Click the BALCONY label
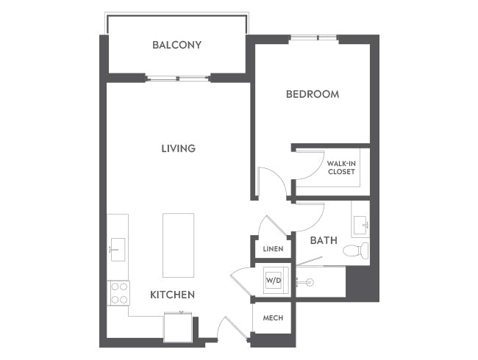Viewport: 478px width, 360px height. (x=176, y=45)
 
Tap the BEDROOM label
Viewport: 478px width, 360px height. (x=313, y=94)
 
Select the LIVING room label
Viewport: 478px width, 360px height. (x=179, y=148)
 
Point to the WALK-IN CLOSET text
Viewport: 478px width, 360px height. (x=341, y=168)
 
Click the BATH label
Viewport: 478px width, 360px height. (x=324, y=240)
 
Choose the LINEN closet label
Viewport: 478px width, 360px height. (x=273, y=249)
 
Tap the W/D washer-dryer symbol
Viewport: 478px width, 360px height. (x=274, y=280)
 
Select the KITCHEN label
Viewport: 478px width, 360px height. (x=172, y=295)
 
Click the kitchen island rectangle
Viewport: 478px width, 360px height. (x=178, y=245)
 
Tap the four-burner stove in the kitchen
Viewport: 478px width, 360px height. (x=118, y=293)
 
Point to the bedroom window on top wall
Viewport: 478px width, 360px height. (x=314, y=37)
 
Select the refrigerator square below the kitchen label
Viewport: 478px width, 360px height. (x=177, y=325)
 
